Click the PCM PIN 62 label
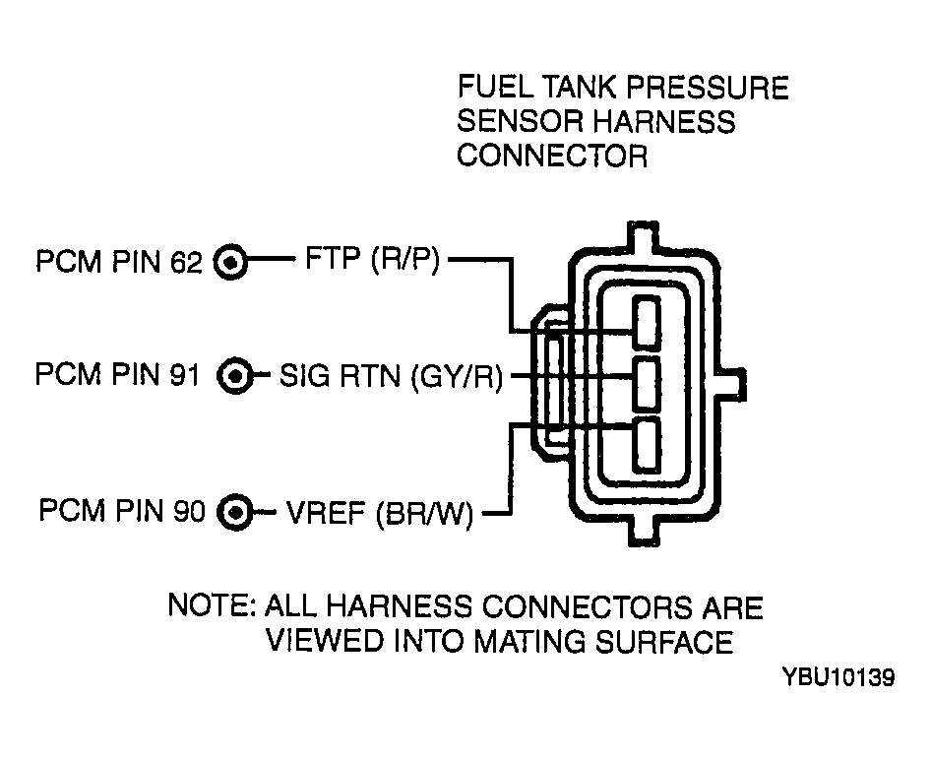pyautogui.click(x=119, y=262)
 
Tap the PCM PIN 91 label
pyautogui.click(x=117, y=375)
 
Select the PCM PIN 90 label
pyautogui.click(x=122, y=511)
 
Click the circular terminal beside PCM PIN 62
pyautogui.click(x=230, y=262)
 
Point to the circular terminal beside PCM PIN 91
pyautogui.click(x=234, y=376)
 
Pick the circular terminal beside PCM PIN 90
pyautogui.click(x=234, y=512)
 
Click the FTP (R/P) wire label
pyautogui.click(x=372, y=260)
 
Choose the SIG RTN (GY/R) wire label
pyautogui.click(x=392, y=376)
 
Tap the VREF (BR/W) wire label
pyautogui.click(x=380, y=513)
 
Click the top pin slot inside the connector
pyautogui.click(x=646, y=322)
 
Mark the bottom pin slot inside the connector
pyautogui.click(x=646, y=445)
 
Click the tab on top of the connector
pyautogui.click(x=644, y=236)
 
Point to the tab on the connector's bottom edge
pyautogui.click(x=644, y=531)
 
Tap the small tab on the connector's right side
pyautogui.click(x=734, y=384)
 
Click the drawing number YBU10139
pyautogui.click(x=838, y=677)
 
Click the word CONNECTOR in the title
pyautogui.click(x=551, y=157)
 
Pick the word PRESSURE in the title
pyautogui.click(x=708, y=88)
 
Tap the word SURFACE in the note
pyautogui.click(x=664, y=642)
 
